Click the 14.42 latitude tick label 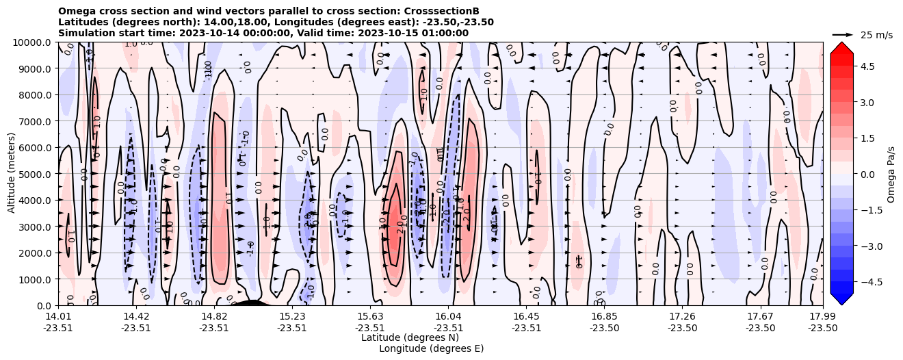coord(136,316)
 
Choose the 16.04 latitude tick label coord(448,316)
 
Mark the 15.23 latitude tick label coord(292,316)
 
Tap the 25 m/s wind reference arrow coord(843,34)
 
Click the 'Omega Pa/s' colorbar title coord(891,174)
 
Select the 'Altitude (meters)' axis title coord(12,174)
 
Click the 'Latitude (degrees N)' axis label coord(410,337)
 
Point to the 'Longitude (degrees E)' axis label coord(431,348)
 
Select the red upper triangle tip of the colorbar coord(841,47)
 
